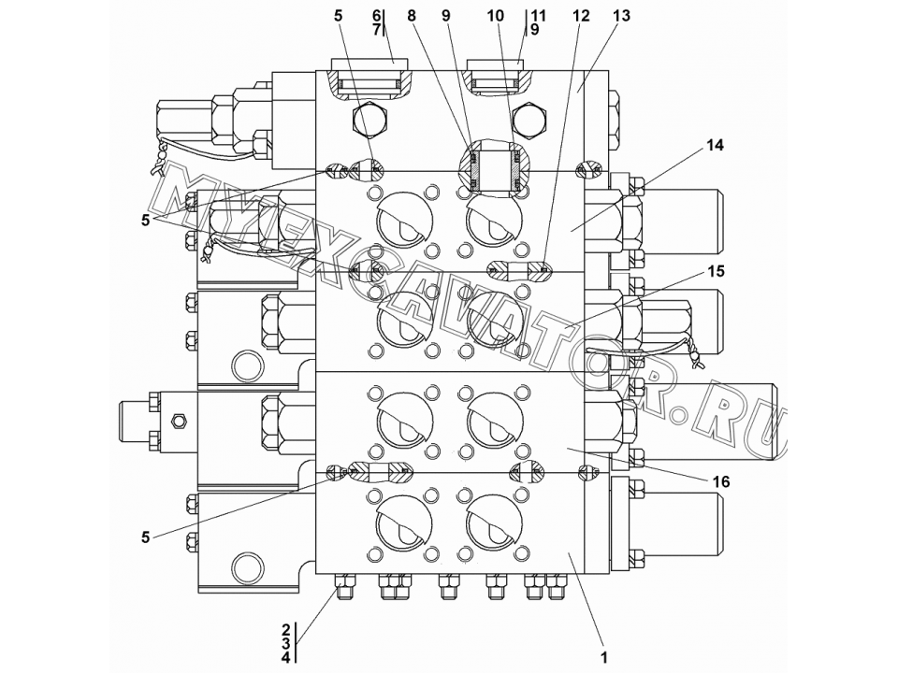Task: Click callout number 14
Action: [714, 146]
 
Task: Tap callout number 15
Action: [716, 271]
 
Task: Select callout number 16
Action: [721, 482]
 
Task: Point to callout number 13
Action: [621, 16]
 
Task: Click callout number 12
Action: [581, 16]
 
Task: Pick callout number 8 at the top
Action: [412, 16]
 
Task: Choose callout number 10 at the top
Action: [496, 16]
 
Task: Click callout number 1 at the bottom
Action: [603, 657]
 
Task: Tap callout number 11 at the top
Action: [539, 16]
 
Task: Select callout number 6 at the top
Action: [376, 16]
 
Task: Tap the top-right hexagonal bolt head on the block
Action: [531, 121]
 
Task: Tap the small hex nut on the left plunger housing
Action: [180, 422]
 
